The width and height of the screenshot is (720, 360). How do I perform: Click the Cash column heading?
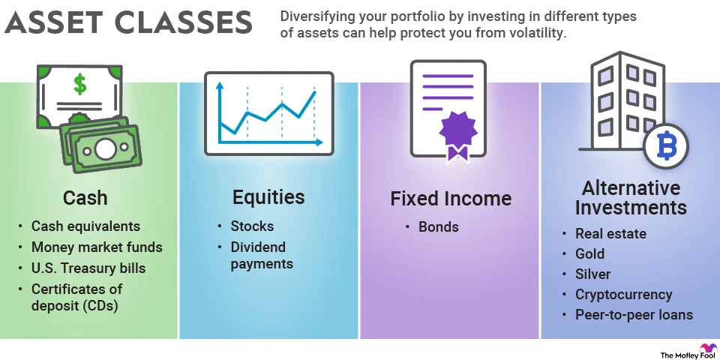[x=84, y=198]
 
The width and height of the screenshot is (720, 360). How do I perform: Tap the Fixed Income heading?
[x=450, y=199]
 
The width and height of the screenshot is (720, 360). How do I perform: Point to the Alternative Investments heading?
[x=631, y=197]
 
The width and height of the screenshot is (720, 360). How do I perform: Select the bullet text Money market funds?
[x=97, y=247]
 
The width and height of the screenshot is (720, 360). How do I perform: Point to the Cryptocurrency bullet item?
[x=624, y=295]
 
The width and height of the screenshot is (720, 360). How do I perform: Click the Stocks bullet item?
[x=252, y=226]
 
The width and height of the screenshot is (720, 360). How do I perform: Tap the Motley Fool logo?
[x=686, y=352]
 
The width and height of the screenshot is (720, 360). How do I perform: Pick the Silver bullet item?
[x=593, y=274]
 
